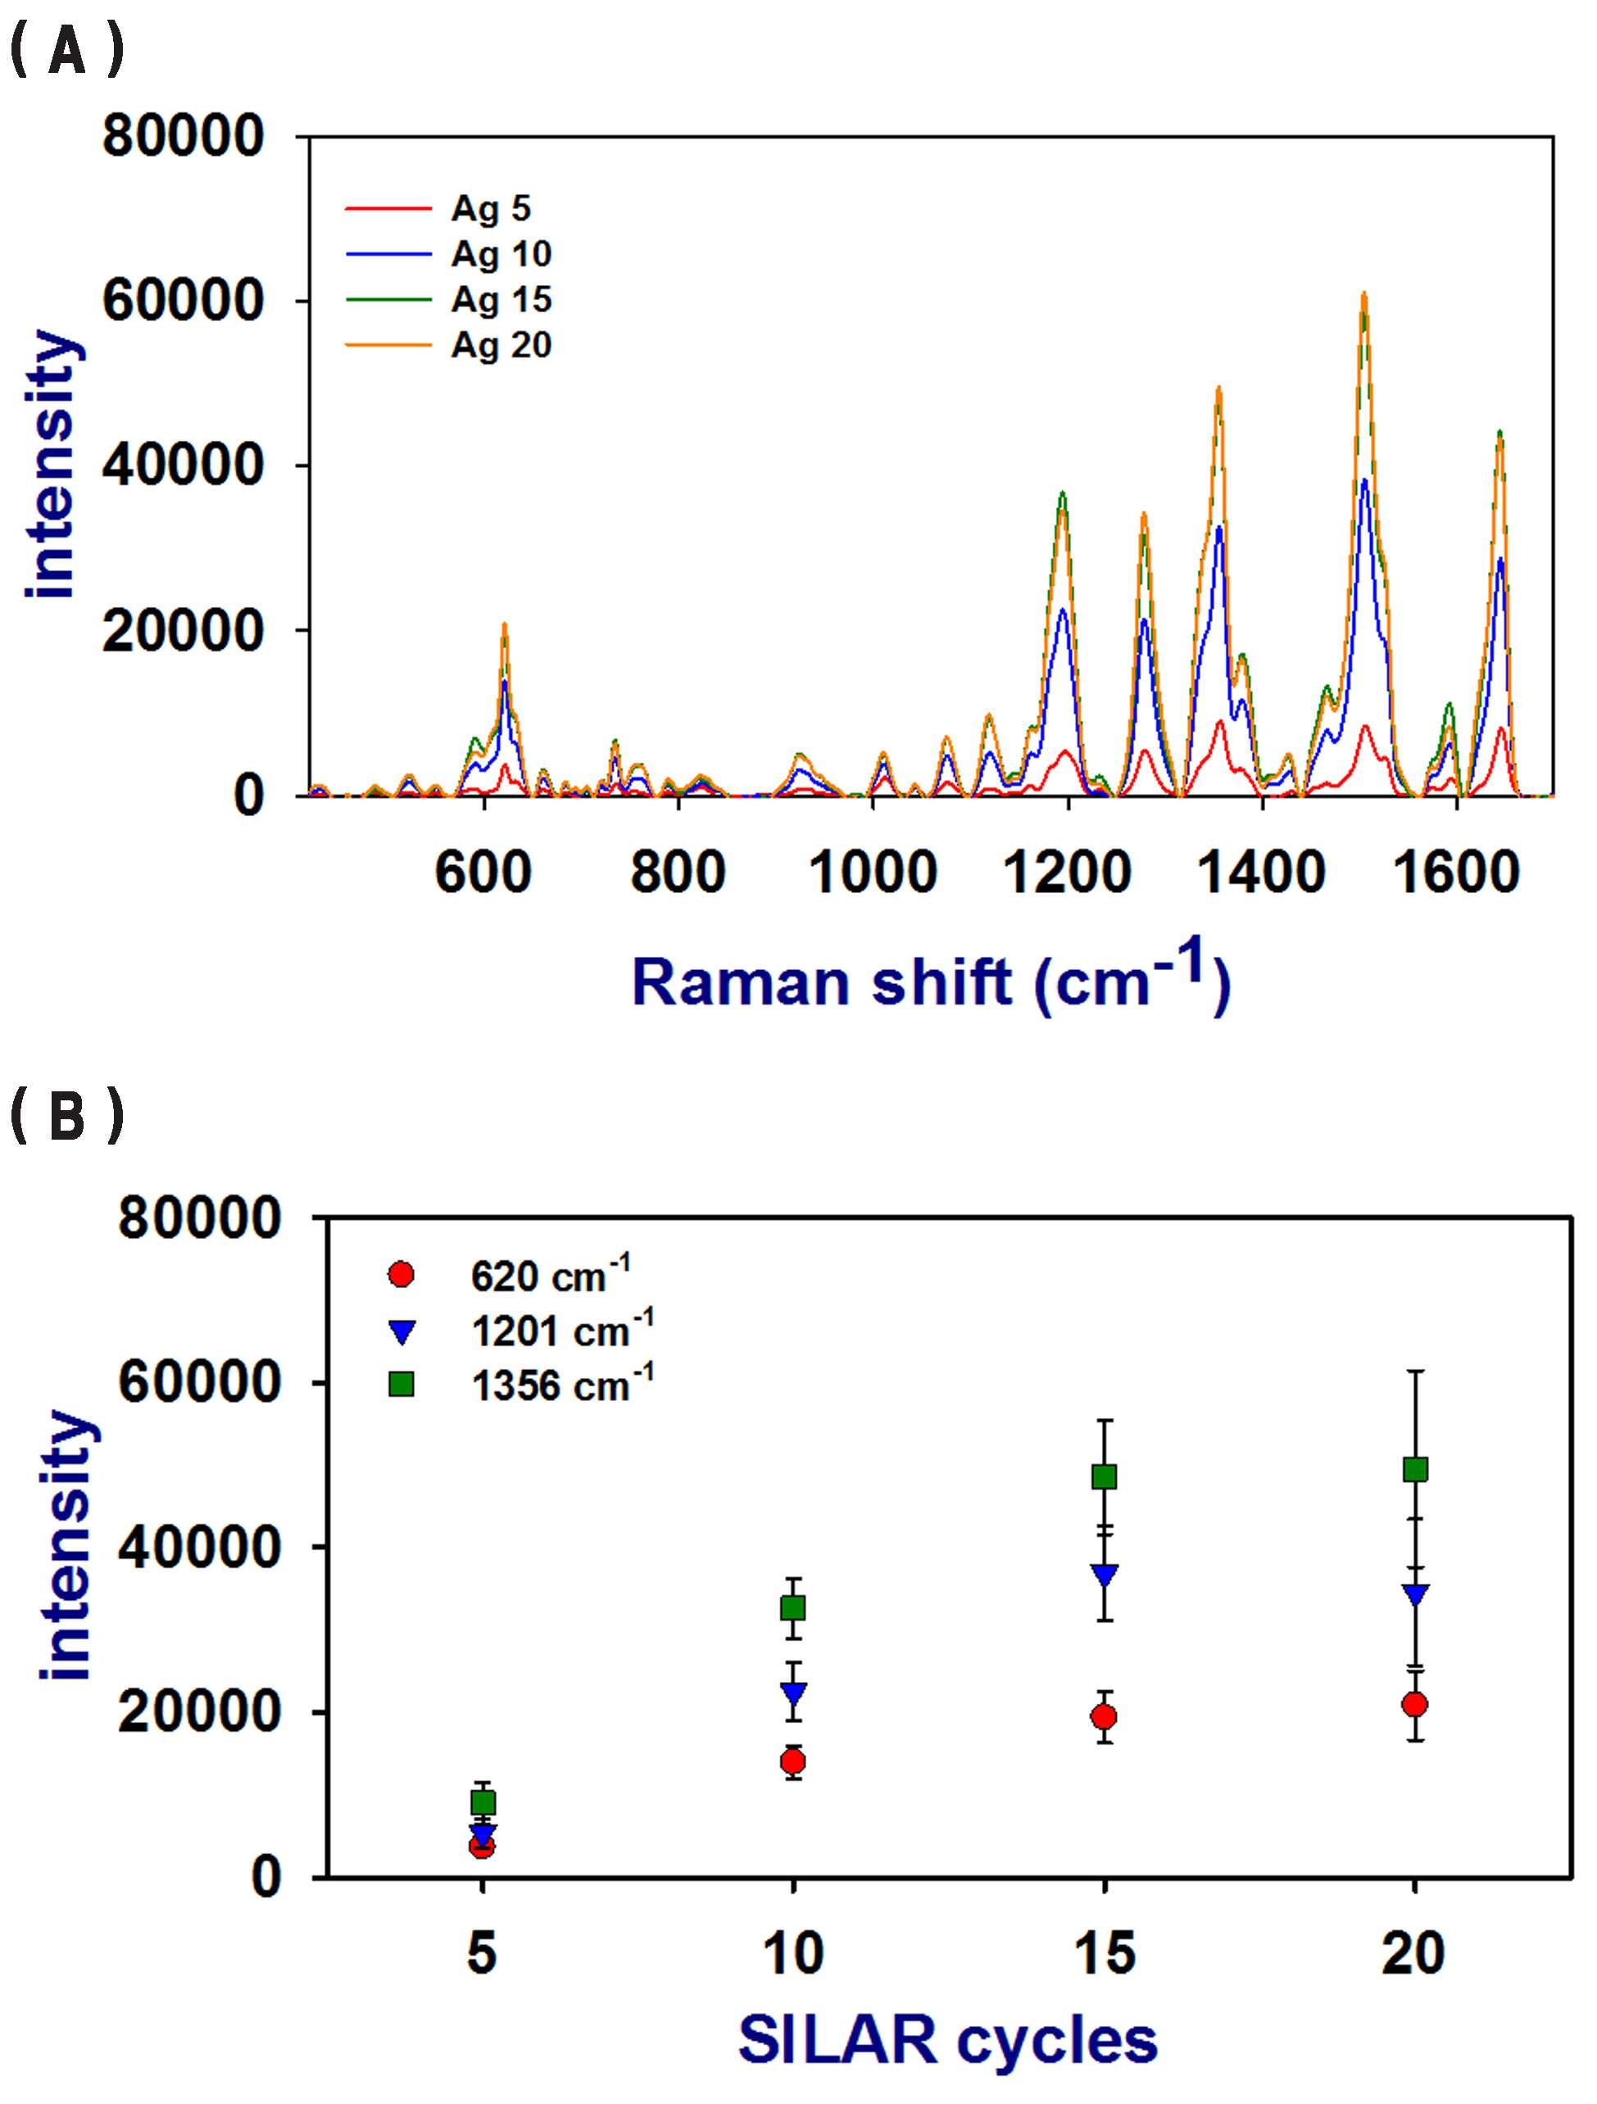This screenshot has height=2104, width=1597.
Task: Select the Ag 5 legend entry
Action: coord(438,207)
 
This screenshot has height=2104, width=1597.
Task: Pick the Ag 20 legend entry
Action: coord(448,344)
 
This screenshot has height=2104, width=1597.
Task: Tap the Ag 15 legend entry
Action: coord(448,299)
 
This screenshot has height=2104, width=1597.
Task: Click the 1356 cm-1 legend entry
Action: coord(521,1383)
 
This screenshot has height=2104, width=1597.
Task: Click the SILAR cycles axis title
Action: coord(947,2039)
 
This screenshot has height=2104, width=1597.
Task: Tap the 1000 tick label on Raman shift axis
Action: coord(872,873)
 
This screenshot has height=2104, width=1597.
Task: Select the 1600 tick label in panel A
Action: coord(1456,873)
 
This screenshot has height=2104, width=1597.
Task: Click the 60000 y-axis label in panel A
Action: coord(183,301)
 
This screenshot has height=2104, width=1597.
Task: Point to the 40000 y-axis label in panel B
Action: coord(199,1548)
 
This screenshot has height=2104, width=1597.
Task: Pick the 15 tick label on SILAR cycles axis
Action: coord(1105,1952)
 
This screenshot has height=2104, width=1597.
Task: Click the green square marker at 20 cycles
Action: coord(1415,1470)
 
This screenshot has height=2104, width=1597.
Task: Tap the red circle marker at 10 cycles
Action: coord(792,1762)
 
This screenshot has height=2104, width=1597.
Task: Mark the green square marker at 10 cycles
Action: coord(792,1607)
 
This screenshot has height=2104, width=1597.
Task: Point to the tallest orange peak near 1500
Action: coord(1363,294)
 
